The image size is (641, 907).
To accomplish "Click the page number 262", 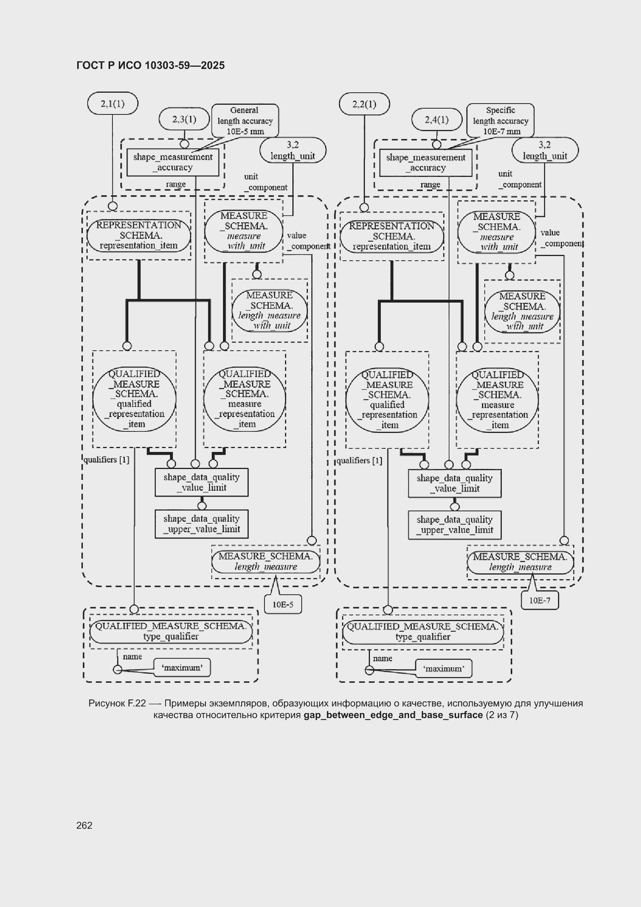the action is [84, 825].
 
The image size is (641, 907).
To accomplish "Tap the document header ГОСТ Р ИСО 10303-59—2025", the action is [150, 65].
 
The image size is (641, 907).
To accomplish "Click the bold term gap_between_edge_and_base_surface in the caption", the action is [393, 715].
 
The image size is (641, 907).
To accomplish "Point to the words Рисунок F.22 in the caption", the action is [117, 703].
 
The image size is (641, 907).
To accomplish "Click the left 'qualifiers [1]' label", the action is [106, 459].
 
